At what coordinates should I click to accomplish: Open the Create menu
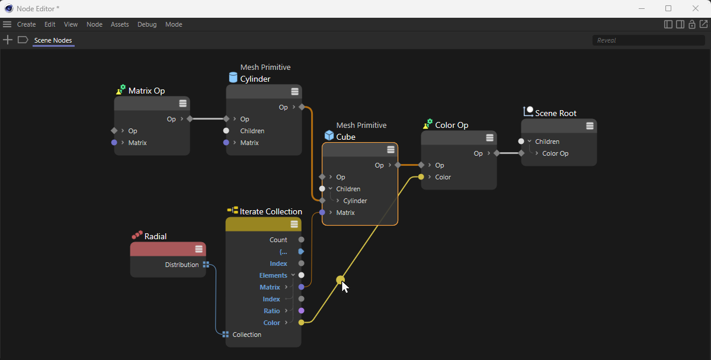pyautogui.click(x=26, y=24)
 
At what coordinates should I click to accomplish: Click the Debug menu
pyautogui.click(x=147, y=24)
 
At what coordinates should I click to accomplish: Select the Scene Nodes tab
pyautogui.click(x=53, y=40)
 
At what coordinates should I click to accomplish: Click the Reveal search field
pyautogui.click(x=648, y=40)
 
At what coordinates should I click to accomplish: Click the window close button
pyautogui.click(x=696, y=8)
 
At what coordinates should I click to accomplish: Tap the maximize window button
pyautogui.click(x=668, y=8)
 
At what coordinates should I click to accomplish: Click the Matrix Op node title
pyautogui.click(x=147, y=91)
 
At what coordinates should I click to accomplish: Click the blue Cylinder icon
pyautogui.click(x=233, y=77)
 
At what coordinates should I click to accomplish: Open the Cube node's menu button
pyautogui.click(x=390, y=150)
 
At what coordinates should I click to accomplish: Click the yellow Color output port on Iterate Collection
pyautogui.click(x=301, y=323)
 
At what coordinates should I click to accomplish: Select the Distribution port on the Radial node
pyautogui.click(x=206, y=265)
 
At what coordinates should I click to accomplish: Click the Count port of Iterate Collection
pyautogui.click(x=301, y=240)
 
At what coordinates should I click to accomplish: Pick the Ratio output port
pyautogui.click(x=301, y=311)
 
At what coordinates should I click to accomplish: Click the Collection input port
pyautogui.click(x=225, y=335)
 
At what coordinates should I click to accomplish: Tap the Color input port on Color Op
pyautogui.click(x=421, y=177)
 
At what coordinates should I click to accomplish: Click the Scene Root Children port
pyautogui.click(x=521, y=142)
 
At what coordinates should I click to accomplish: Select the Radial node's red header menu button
pyautogui.click(x=198, y=249)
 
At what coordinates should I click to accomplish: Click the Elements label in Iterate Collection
pyautogui.click(x=273, y=275)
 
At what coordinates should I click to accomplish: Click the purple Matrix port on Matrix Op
pyautogui.click(x=114, y=143)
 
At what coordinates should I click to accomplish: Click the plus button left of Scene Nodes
pyautogui.click(x=8, y=40)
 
